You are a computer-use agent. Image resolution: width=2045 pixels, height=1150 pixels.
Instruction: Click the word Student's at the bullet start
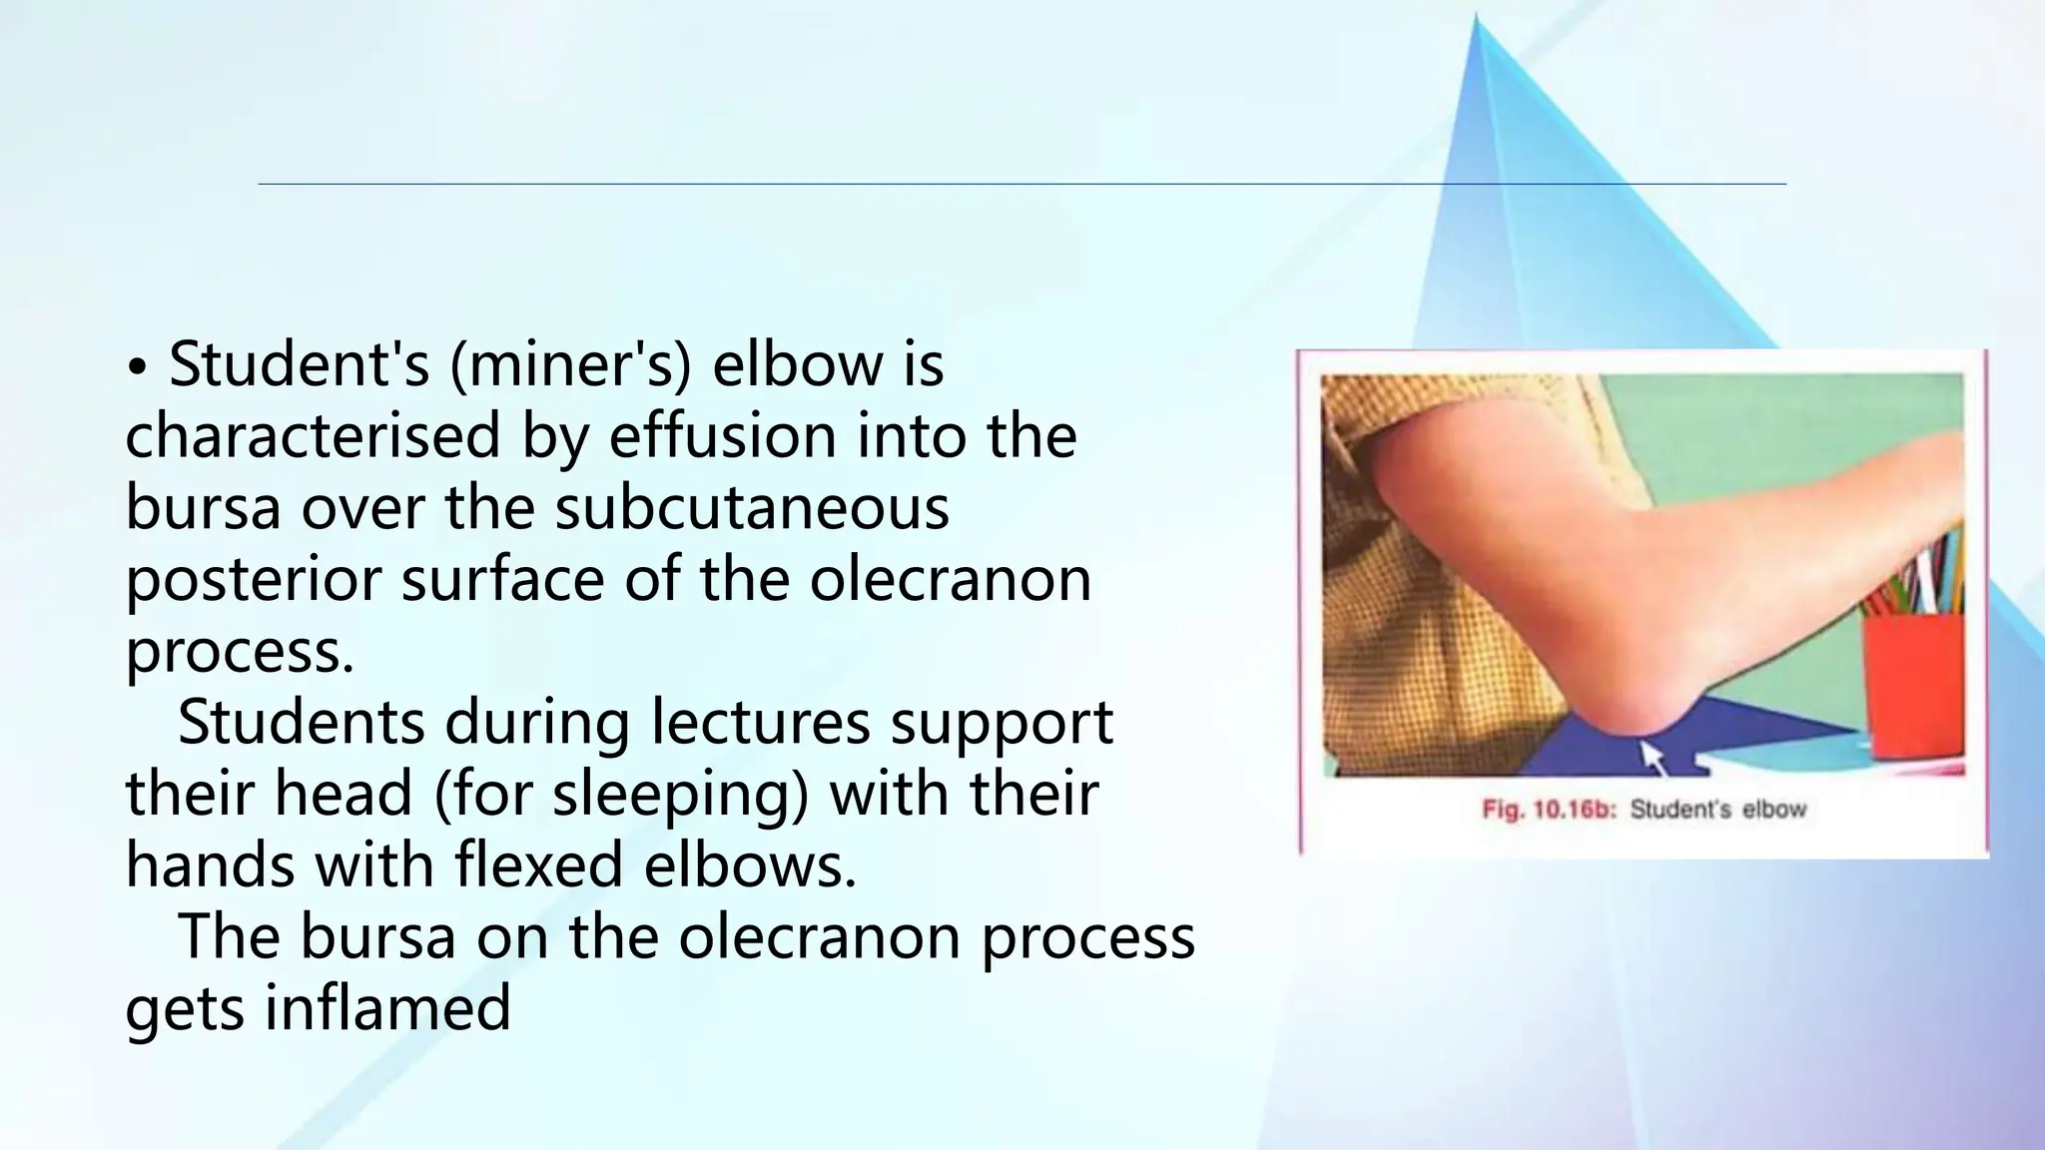tap(299, 364)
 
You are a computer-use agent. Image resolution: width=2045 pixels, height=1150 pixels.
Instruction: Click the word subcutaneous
tap(752, 508)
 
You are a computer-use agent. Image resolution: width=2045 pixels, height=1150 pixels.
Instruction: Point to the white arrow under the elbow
tap(1653, 757)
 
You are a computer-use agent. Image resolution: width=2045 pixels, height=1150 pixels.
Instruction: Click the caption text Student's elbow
tap(1717, 810)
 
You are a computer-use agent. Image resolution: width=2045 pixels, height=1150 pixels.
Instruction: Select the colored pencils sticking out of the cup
tap(1927, 579)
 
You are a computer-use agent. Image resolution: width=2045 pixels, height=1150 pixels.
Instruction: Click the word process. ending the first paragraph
tap(240, 652)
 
